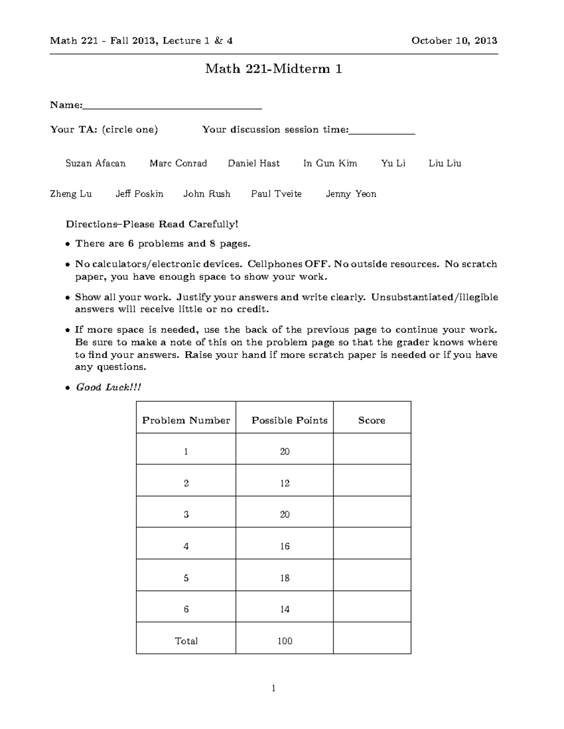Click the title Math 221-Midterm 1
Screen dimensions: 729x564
point(274,69)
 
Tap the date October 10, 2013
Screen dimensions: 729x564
point(454,41)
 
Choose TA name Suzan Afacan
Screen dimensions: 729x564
point(95,163)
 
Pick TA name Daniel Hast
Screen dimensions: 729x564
point(254,163)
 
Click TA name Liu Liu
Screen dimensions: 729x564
point(445,163)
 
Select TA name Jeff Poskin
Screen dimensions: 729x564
point(140,194)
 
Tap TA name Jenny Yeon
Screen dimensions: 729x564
point(351,194)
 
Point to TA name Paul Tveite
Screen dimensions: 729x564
point(276,194)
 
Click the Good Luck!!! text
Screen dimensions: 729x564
point(108,387)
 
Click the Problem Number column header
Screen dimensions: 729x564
point(186,420)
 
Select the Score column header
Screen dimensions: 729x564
point(372,420)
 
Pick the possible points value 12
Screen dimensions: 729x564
point(285,483)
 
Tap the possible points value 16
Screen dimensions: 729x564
point(285,546)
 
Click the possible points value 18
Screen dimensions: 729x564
point(285,578)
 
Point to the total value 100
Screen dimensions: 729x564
point(285,641)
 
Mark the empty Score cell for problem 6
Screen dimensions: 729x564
point(372,609)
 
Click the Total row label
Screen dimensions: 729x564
point(186,641)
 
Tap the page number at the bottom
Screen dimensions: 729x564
point(274,688)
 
